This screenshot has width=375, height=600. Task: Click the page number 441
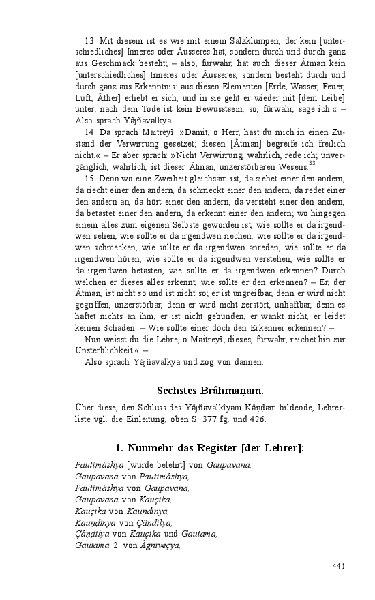(x=339, y=566)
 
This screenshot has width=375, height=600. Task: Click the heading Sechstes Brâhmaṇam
(x=210, y=391)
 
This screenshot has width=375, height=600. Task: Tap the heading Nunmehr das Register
(x=210, y=448)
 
